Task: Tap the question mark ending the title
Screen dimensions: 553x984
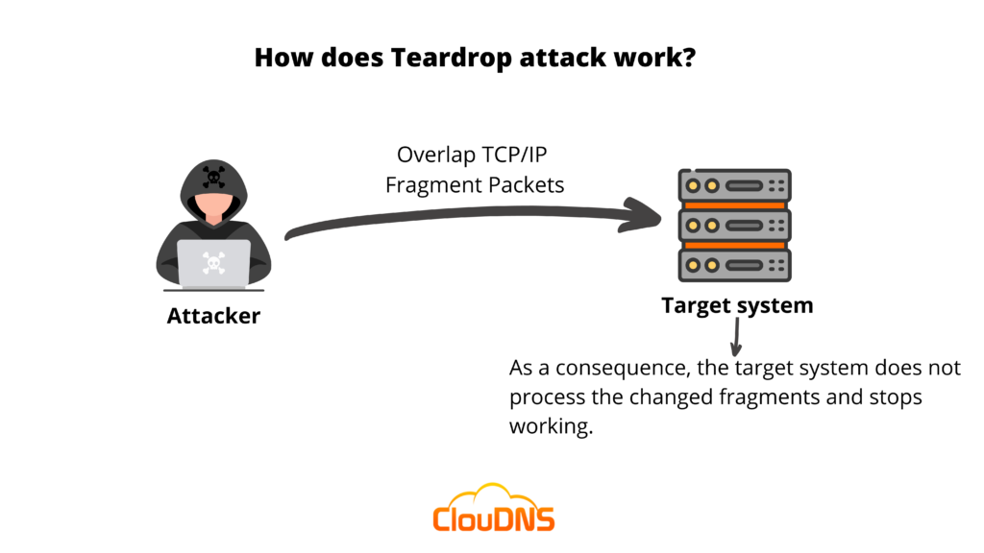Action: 690,58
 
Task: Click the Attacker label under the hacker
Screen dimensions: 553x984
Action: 213,315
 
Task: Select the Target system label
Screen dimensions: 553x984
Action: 737,305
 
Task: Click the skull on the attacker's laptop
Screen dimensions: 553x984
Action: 213,261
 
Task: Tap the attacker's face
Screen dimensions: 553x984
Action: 213,204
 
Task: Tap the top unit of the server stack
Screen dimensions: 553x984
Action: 734,184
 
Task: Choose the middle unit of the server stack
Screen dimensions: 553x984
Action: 734,225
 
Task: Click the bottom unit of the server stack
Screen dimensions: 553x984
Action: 734,264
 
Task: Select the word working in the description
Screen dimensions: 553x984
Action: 550,426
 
